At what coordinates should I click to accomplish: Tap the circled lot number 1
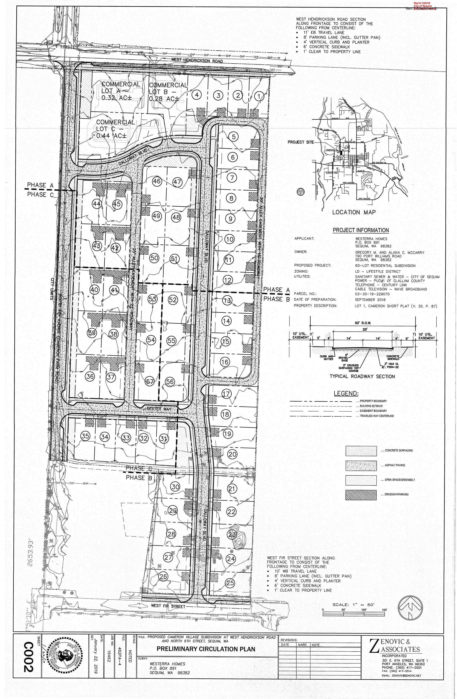pyautogui.click(x=259, y=96)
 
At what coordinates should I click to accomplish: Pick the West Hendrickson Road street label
pyautogui.click(x=197, y=61)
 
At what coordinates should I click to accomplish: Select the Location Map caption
pyautogui.click(x=354, y=212)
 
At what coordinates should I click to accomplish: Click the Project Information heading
pyautogui.click(x=361, y=230)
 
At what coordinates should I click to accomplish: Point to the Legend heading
pyautogui.click(x=346, y=393)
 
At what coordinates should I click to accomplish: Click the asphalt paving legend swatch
pyautogui.click(x=361, y=465)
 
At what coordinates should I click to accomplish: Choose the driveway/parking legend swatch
pyautogui.click(x=361, y=495)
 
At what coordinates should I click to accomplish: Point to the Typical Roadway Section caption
pyautogui.click(x=362, y=376)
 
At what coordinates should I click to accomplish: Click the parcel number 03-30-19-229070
pyautogui.click(x=372, y=294)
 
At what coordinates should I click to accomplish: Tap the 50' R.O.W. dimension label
pyautogui.click(x=362, y=323)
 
